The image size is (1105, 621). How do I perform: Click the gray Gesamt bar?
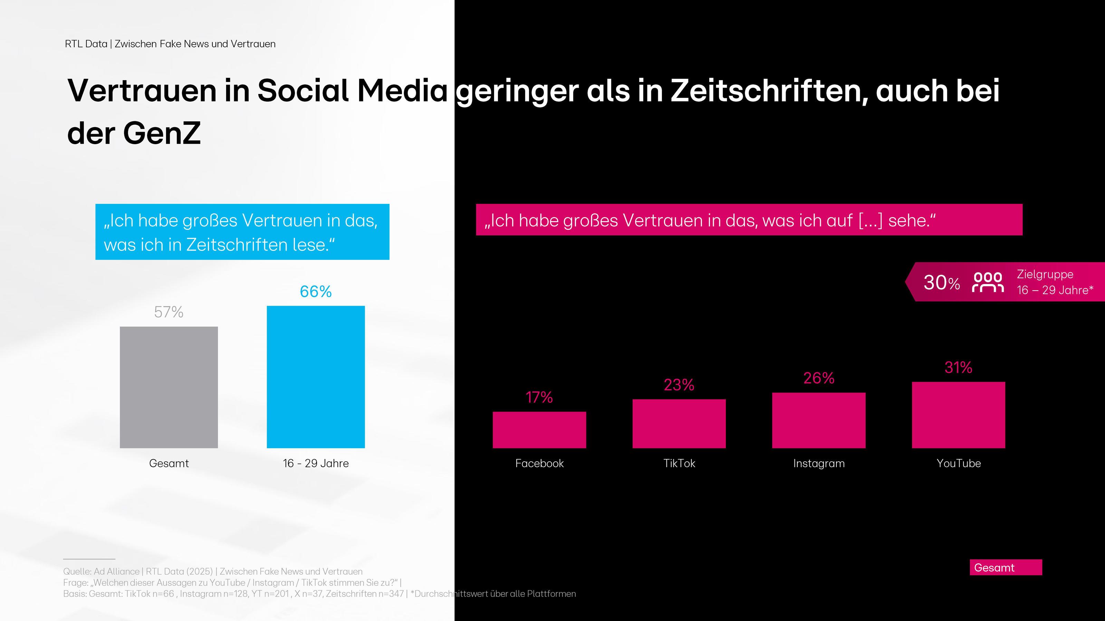pyautogui.click(x=169, y=387)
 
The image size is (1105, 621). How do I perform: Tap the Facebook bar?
pyautogui.click(x=539, y=430)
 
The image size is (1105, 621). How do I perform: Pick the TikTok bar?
pyautogui.click(x=679, y=424)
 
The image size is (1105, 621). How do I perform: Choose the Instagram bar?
pyautogui.click(x=818, y=420)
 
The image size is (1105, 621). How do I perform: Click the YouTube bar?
pyautogui.click(x=958, y=415)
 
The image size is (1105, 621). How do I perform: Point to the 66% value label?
pyautogui.click(x=316, y=292)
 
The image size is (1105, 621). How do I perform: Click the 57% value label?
pyautogui.click(x=169, y=312)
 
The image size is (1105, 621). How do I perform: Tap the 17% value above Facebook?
pyautogui.click(x=539, y=397)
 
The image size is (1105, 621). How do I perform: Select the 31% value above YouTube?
pyautogui.click(x=958, y=367)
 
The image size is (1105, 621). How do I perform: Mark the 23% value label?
pyautogui.click(x=679, y=385)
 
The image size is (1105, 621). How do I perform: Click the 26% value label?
pyautogui.click(x=818, y=378)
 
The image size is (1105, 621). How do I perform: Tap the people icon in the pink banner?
pyautogui.click(x=988, y=282)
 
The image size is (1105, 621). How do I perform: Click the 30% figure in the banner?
pyautogui.click(x=942, y=282)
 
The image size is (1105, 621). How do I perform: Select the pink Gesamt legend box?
pyautogui.click(x=1006, y=567)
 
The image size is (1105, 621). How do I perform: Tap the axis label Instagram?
pyautogui.click(x=818, y=463)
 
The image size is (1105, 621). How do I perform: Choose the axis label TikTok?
pyautogui.click(x=679, y=463)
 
